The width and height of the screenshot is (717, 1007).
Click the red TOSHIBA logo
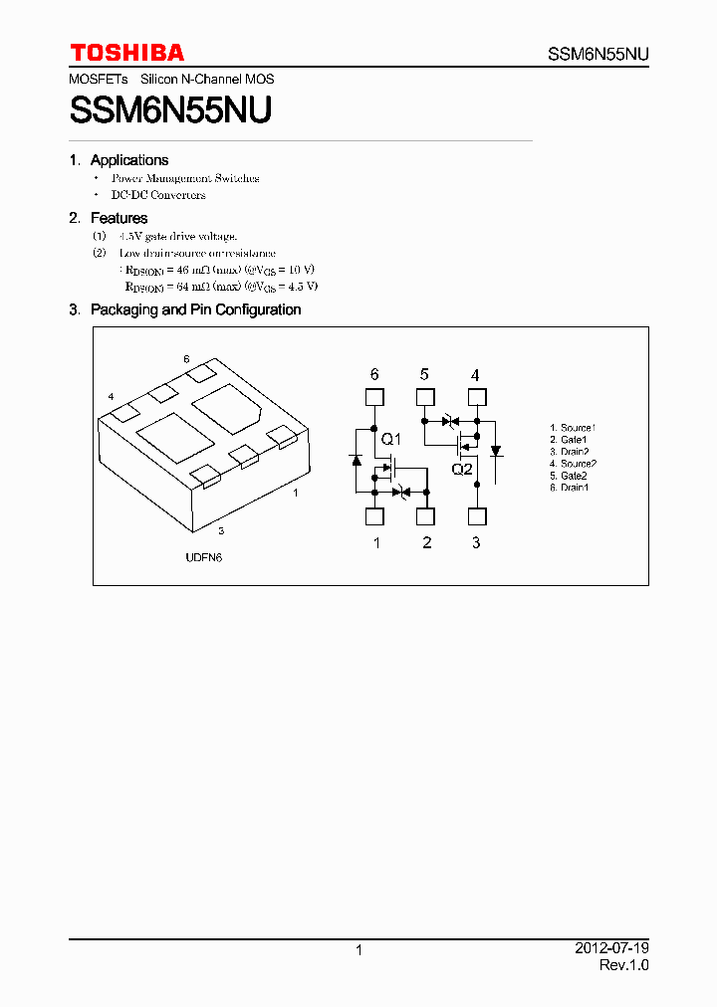click(126, 52)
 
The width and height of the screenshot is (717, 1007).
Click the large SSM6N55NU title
click(170, 108)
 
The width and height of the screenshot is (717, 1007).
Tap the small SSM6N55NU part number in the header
click(598, 55)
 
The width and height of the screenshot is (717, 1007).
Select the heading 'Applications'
click(128, 160)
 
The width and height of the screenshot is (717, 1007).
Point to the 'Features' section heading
click(119, 218)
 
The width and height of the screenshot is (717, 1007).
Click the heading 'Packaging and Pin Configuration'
click(195, 309)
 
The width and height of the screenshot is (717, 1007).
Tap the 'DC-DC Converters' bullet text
click(158, 195)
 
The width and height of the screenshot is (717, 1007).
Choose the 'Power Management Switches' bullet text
click(185, 178)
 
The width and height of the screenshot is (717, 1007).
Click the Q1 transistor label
click(391, 440)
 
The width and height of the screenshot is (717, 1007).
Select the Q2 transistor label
click(462, 470)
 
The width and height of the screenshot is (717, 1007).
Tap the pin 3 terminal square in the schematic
click(476, 516)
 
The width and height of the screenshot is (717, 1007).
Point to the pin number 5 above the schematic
click(425, 375)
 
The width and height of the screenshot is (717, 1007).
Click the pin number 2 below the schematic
click(426, 542)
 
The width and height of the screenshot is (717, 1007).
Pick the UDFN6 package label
click(203, 557)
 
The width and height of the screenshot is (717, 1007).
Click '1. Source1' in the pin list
click(573, 428)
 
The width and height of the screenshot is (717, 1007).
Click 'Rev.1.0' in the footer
click(623, 965)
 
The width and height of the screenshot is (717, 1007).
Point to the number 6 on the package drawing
click(186, 358)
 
